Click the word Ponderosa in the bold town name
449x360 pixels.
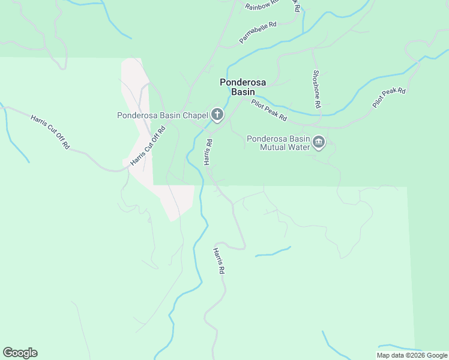click(x=243, y=82)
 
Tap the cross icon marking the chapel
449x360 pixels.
click(x=217, y=115)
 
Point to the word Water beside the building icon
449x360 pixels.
click(x=297, y=146)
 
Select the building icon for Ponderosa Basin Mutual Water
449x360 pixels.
click(x=319, y=143)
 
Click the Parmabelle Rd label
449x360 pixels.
click(x=258, y=33)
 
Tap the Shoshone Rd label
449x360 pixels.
click(x=316, y=88)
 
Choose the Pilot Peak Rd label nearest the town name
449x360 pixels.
click(x=269, y=110)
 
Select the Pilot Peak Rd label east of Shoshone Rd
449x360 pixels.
click(x=389, y=98)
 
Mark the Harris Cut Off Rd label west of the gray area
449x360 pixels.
click(x=50, y=131)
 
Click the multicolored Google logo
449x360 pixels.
click(x=20, y=353)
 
